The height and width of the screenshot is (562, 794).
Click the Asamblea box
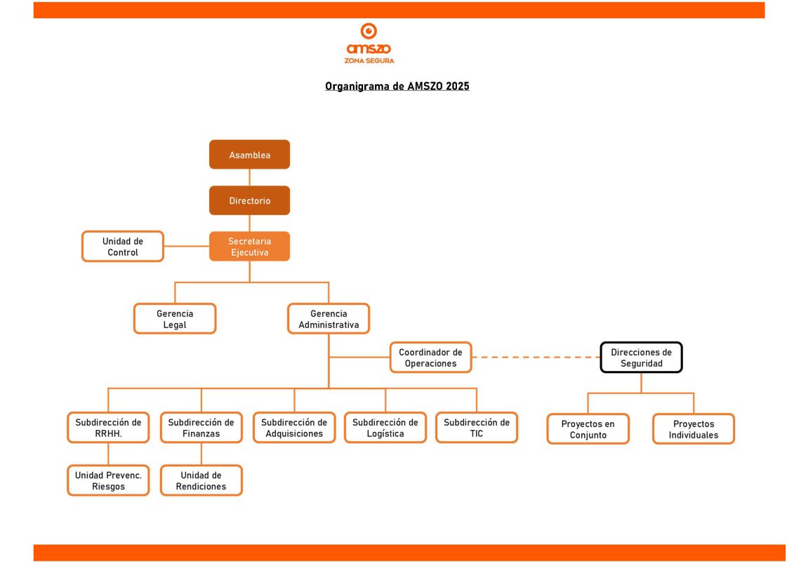click(x=250, y=155)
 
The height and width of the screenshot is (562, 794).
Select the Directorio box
click(x=250, y=200)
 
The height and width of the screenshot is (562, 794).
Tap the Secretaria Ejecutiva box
click(x=250, y=247)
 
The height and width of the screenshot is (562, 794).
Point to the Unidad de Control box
click(x=123, y=247)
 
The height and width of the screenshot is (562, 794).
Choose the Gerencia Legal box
click(x=175, y=319)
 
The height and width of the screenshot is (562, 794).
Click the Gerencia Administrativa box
click(x=329, y=319)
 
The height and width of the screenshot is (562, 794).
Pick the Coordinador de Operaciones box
click(x=430, y=358)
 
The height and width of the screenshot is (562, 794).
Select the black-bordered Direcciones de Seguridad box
click(x=641, y=358)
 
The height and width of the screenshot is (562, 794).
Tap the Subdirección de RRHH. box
click(x=108, y=428)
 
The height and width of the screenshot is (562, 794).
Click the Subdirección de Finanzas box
click(x=201, y=428)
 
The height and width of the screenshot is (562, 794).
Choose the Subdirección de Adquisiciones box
click(x=294, y=428)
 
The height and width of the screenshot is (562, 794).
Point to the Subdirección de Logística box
click(x=385, y=428)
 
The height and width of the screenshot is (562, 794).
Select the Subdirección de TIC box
click(x=477, y=428)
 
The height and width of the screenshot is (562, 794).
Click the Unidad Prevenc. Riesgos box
click(x=108, y=481)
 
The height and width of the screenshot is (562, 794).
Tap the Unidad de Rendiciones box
click(x=201, y=481)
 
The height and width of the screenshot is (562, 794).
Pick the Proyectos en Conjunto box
click(x=588, y=429)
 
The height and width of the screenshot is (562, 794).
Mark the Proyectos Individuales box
click(x=693, y=429)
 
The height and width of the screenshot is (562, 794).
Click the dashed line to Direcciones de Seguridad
click(x=536, y=358)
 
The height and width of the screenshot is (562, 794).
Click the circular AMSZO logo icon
click(x=369, y=31)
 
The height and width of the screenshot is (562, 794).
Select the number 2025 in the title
click(x=457, y=86)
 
